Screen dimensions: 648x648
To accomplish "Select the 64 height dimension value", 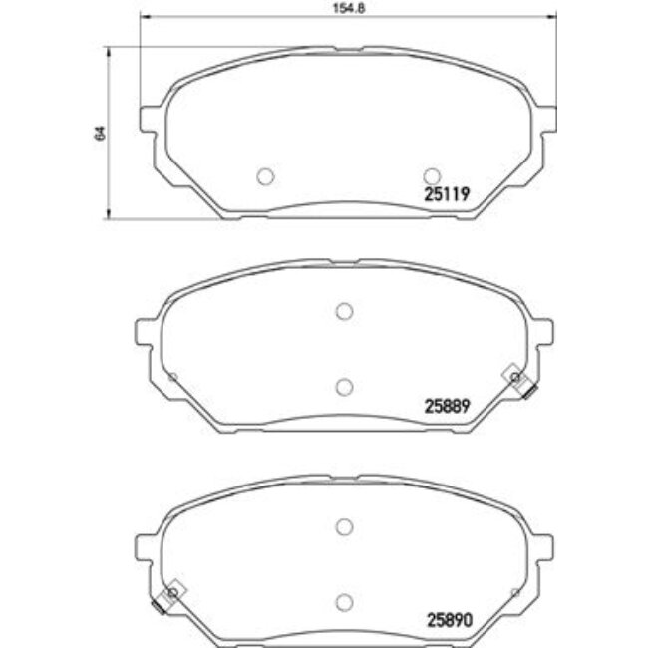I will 98,132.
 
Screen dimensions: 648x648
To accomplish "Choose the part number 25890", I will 448,618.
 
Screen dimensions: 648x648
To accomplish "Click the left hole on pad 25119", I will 265,176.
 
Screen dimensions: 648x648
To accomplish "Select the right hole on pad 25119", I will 432,176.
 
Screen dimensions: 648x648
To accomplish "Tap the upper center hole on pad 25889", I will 344,312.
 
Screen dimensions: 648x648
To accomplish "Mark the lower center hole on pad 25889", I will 344,387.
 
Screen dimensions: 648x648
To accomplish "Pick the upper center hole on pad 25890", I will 344,526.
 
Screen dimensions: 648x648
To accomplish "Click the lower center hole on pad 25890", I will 344,601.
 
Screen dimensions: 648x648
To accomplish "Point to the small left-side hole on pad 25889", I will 173,377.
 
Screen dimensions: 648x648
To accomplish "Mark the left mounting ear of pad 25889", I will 145,330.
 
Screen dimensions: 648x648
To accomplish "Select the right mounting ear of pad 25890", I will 543,543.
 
